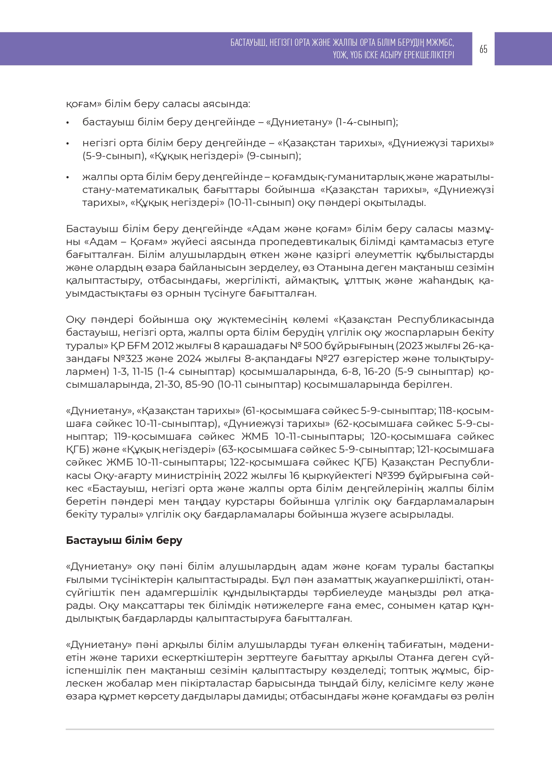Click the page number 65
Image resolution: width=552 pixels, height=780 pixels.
484,49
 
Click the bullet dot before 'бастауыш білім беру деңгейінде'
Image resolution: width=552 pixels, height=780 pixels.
68,122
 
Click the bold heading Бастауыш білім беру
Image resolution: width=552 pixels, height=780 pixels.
124,540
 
